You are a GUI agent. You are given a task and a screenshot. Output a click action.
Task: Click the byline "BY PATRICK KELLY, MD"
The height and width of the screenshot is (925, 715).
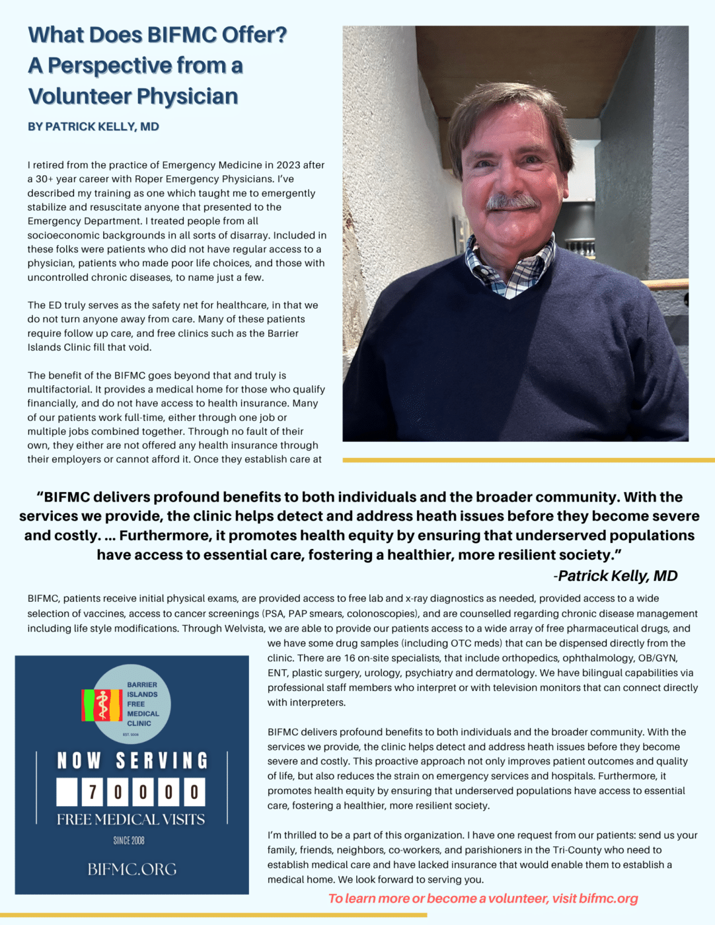point(93,127)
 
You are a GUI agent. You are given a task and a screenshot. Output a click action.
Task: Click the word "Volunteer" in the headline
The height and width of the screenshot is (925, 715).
point(79,96)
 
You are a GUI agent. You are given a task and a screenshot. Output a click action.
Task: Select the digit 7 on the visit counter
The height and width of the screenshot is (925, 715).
point(93,792)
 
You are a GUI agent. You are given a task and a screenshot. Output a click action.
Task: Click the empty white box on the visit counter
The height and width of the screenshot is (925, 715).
point(67,792)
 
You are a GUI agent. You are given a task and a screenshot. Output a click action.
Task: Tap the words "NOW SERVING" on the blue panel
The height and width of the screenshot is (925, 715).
point(132,761)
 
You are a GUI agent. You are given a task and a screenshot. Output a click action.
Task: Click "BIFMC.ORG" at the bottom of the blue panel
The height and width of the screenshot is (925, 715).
point(132,869)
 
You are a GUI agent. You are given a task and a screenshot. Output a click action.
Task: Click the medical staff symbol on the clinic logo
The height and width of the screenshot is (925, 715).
point(102,704)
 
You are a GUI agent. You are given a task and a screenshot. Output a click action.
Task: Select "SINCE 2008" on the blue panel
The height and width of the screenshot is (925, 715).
point(129,840)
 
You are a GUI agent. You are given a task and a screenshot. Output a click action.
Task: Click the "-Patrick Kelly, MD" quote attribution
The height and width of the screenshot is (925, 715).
point(616,575)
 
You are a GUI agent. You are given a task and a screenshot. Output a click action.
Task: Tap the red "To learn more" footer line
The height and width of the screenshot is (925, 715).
point(483,899)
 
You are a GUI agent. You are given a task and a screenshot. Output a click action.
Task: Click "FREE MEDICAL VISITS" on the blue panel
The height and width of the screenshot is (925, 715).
point(131,820)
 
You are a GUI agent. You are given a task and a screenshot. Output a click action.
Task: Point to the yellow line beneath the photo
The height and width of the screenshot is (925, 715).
point(529,460)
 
